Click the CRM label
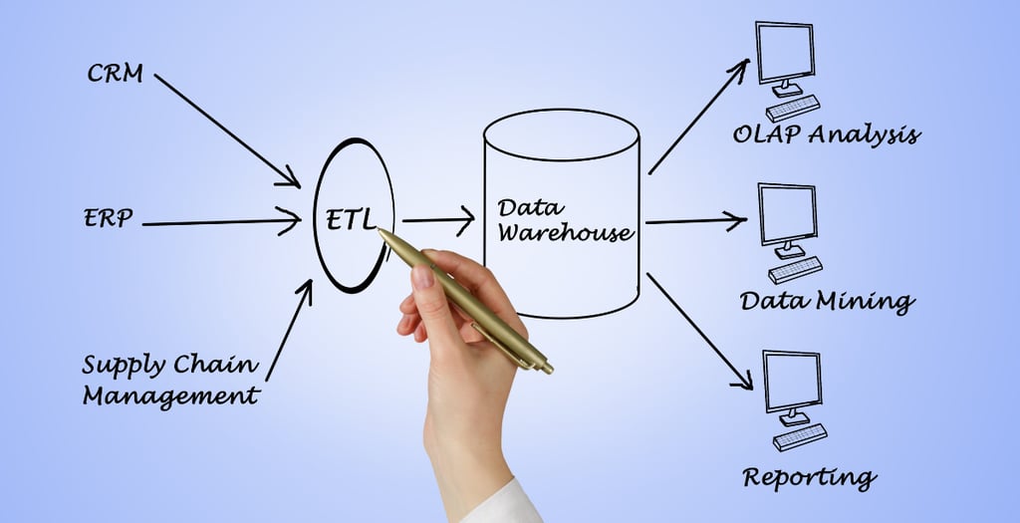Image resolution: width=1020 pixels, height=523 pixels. click(115, 73)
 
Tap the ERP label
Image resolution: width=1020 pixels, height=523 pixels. click(108, 218)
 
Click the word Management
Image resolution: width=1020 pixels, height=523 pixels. click(170, 395)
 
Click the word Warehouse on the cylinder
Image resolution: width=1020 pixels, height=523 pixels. click(565, 233)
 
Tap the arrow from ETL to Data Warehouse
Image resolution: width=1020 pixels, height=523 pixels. click(437, 222)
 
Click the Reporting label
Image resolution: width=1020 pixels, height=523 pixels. click(808, 477)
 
